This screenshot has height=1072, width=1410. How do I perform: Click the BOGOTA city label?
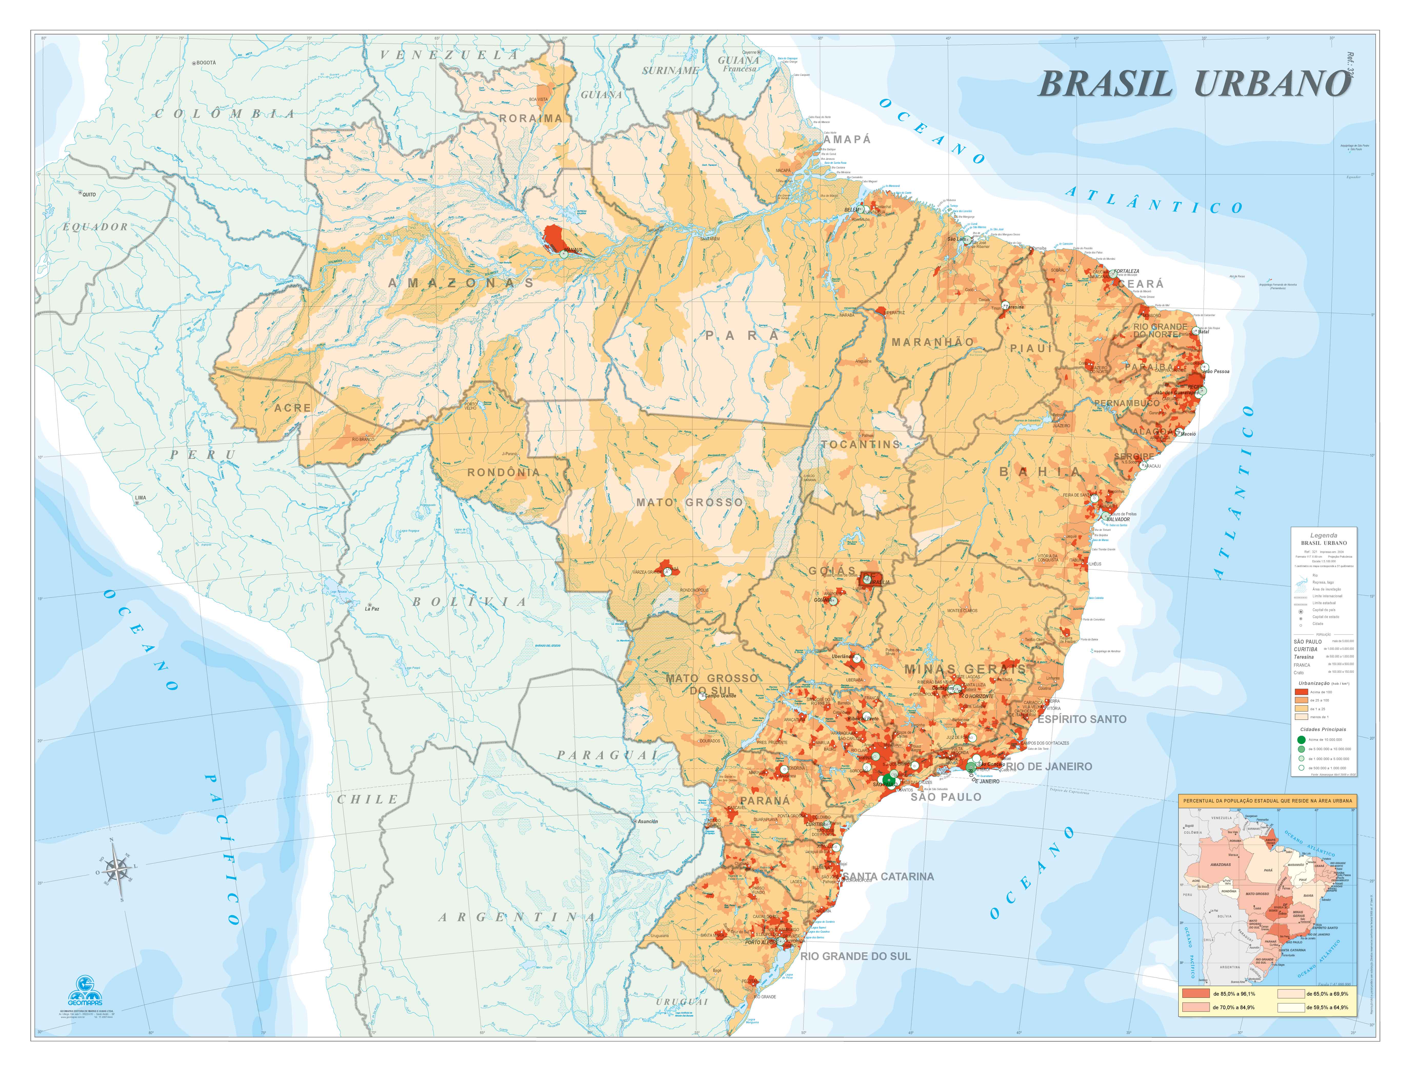click(206, 63)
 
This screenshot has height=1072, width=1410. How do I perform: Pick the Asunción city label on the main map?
click(647, 822)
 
